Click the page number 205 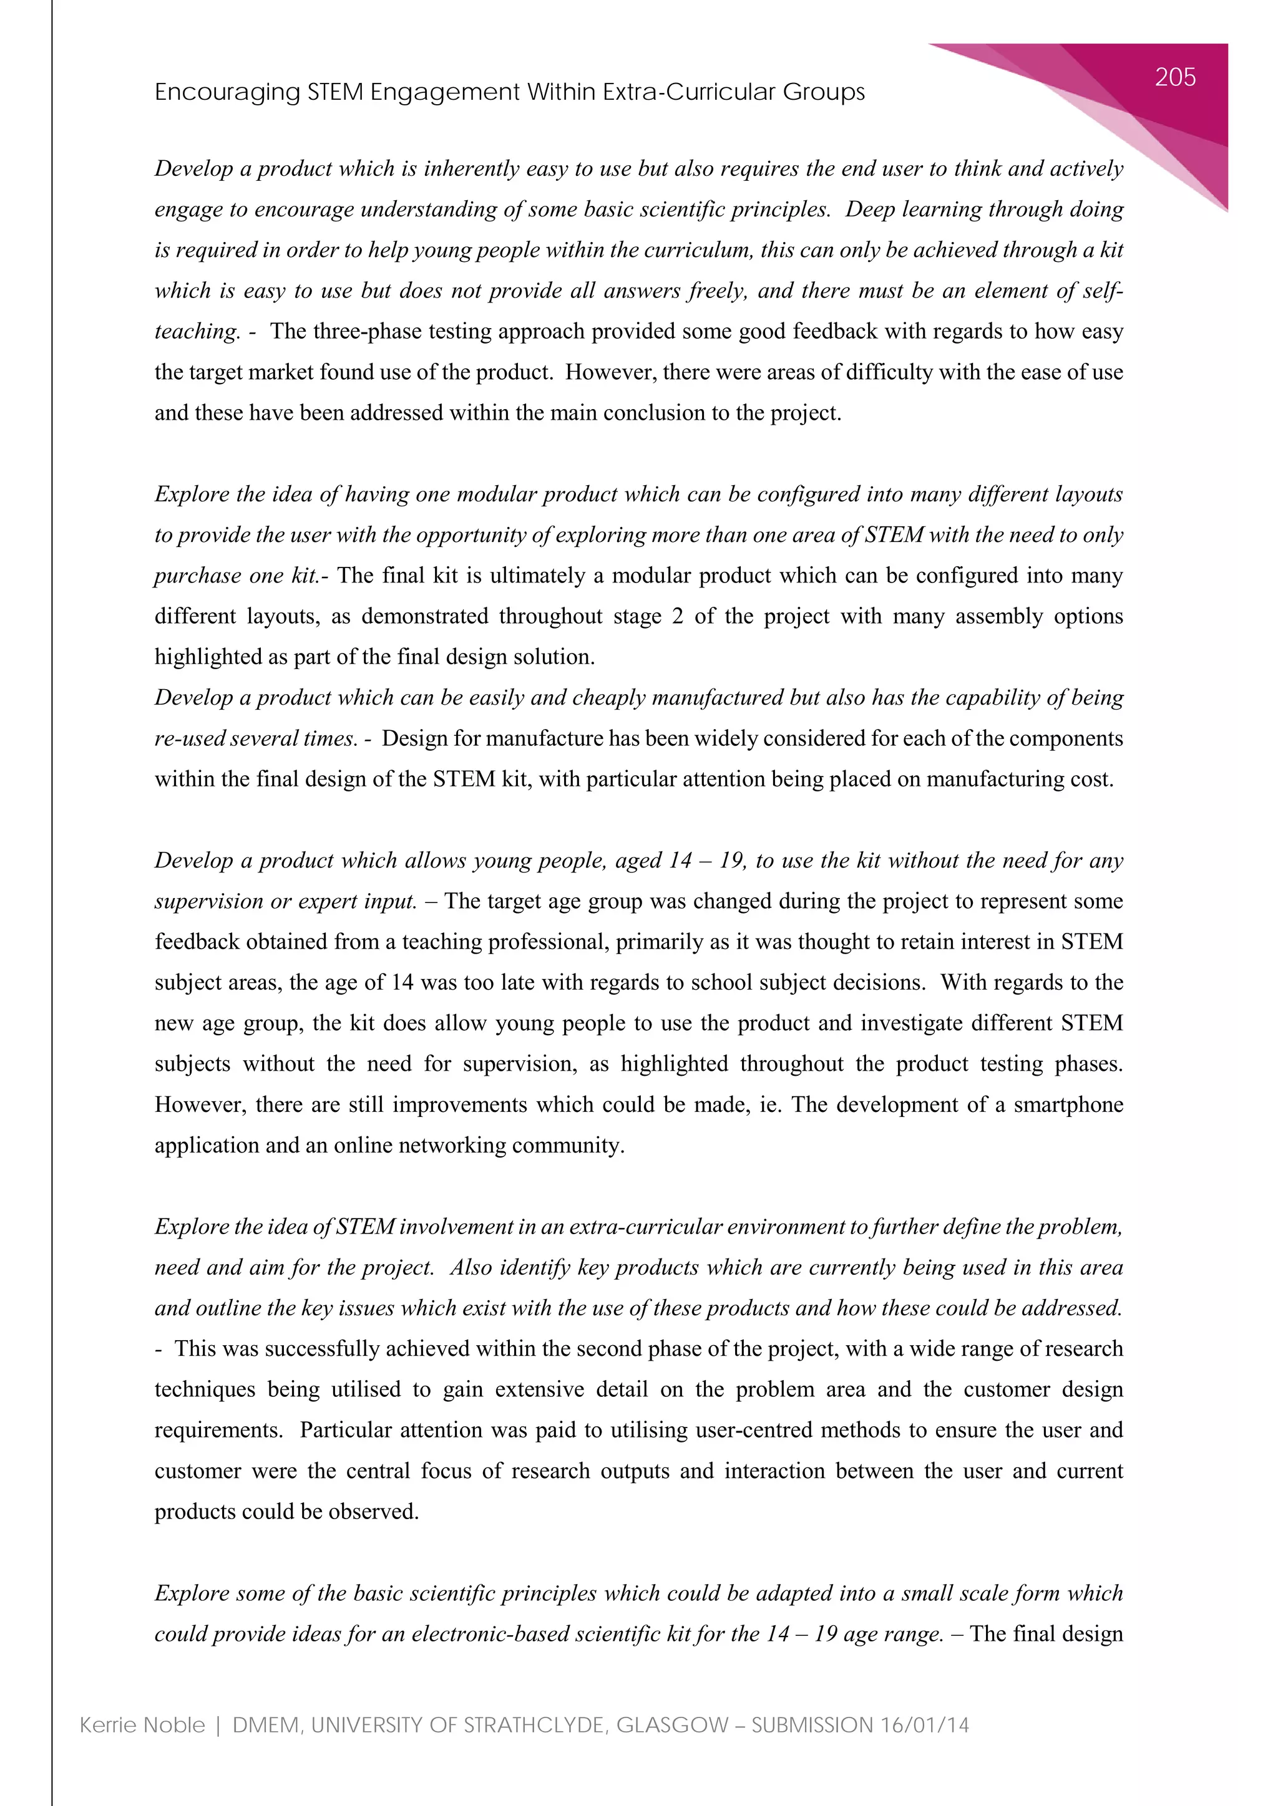1175,77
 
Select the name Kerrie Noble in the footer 142,1725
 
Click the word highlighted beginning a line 208,657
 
